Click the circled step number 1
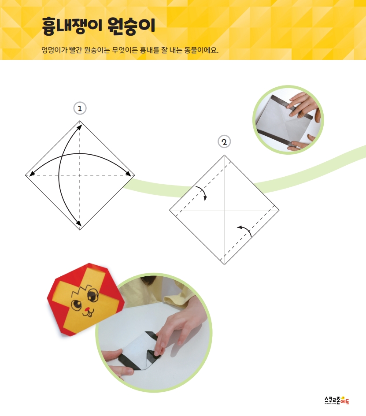(80, 108)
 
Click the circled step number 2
(224, 142)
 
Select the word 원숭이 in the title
(131, 26)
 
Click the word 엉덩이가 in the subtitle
(54, 50)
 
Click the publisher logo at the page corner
(337, 400)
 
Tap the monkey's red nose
(86, 309)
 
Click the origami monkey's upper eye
(92, 295)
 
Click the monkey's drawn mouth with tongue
(89, 314)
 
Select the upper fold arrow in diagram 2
(202, 192)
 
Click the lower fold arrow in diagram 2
(245, 230)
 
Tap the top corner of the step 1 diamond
(80, 121)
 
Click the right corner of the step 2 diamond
(279, 210)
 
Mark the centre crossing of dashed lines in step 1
(80, 175)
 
